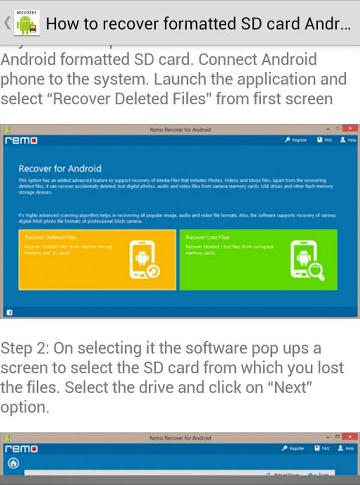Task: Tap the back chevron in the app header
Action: [x=7, y=23]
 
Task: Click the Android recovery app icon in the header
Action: [x=26, y=23]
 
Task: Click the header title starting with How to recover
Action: [x=198, y=24]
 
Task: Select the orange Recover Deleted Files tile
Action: [x=97, y=260]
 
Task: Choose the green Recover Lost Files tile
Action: [x=259, y=260]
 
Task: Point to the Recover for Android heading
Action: [x=60, y=168]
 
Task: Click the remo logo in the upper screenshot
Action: [x=21, y=140]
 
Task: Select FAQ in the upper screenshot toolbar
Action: [x=324, y=140]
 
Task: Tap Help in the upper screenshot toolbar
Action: [x=348, y=140]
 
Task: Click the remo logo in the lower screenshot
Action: [x=21, y=448]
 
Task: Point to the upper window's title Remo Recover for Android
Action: [x=180, y=129]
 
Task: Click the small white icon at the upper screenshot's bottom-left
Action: [x=10, y=312]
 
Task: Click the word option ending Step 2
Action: [x=24, y=406]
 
